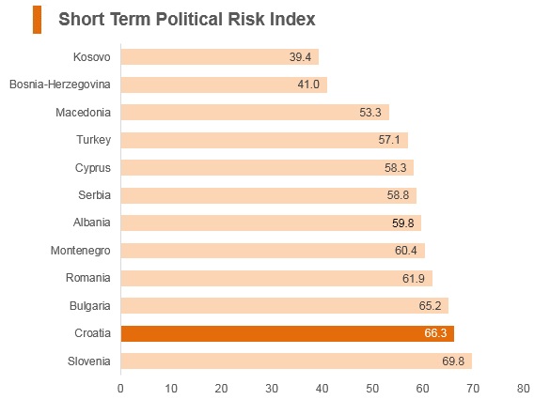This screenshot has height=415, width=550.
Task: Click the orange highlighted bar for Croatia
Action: (288, 333)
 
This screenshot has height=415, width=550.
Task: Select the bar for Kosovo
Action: (220, 56)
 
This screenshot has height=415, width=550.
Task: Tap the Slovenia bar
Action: (296, 361)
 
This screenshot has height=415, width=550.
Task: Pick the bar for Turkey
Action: (264, 140)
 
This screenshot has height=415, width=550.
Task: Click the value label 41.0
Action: (308, 85)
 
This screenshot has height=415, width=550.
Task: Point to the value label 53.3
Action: (370, 113)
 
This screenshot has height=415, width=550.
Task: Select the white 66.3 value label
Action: (435, 332)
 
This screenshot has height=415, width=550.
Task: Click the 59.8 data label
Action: (403, 223)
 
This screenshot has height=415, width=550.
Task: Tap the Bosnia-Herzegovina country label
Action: (60, 85)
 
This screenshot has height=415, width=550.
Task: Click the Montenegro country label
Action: (80, 251)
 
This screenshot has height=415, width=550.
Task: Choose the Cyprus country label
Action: (93, 168)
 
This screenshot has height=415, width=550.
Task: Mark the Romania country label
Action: (88, 278)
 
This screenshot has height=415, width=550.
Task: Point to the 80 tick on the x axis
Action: (524, 389)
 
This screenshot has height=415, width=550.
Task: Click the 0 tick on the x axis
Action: (120, 389)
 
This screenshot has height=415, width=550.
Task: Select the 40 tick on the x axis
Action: (322, 389)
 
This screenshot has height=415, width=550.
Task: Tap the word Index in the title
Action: (292, 19)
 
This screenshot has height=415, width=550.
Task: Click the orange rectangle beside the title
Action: (38, 20)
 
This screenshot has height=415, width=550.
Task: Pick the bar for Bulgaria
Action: (285, 306)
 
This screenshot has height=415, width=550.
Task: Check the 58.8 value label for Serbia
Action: (398, 195)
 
